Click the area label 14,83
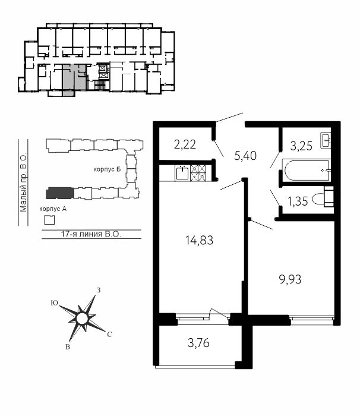(199, 240)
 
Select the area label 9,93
(290, 280)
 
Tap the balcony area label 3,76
(198, 343)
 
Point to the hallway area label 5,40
(245, 156)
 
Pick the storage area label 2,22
(185, 144)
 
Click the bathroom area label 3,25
(301, 146)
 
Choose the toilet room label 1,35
(298, 201)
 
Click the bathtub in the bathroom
(307, 171)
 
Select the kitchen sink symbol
(182, 173)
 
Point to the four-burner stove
(198, 173)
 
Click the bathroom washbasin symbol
(326, 141)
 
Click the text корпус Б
(107, 169)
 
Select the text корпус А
(53, 209)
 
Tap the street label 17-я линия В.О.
(91, 234)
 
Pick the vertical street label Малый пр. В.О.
(23, 182)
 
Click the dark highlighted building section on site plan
(60, 193)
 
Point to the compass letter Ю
(55, 303)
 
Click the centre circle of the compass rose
(82, 318)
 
